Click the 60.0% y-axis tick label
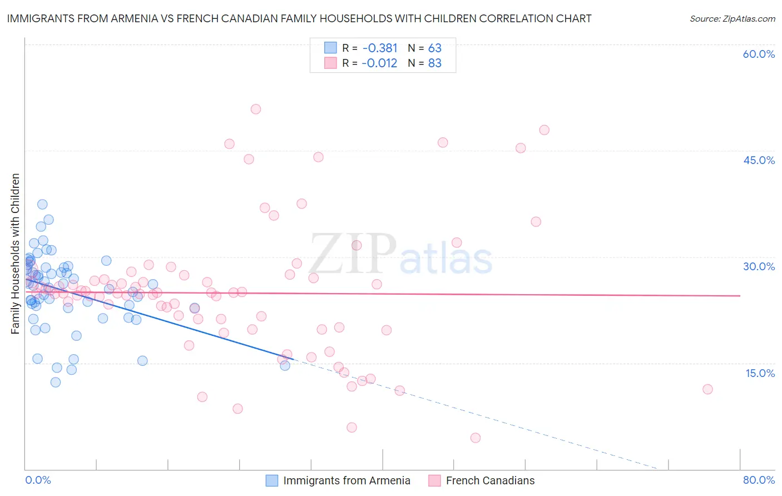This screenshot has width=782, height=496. (x=759, y=54)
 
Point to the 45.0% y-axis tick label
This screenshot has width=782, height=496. (x=759, y=160)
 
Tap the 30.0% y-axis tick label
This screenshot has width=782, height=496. (x=759, y=266)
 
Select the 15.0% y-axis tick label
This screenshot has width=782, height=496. (x=760, y=373)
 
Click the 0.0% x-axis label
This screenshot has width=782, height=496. (x=38, y=480)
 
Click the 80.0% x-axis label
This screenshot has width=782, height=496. (x=759, y=480)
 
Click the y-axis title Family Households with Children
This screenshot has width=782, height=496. (x=15, y=254)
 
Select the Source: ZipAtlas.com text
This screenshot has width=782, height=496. (x=732, y=18)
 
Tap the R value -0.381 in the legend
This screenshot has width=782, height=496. (x=380, y=48)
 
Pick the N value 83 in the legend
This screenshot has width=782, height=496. (x=434, y=63)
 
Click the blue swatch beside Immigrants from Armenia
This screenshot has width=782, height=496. (x=271, y=480)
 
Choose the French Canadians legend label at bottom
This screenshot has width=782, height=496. (x=490, y=480)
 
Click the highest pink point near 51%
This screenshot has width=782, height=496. (x=256, y=109)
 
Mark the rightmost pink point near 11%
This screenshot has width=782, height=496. (x=707, y=389)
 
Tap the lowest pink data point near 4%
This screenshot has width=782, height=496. (x=475, y=438)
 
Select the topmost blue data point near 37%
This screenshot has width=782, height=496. (x=42, y=204)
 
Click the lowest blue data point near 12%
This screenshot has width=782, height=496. (x=56, y=382)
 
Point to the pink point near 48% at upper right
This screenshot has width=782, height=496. (x=544, y=130)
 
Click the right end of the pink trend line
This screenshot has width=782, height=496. (x=740, y=296)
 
